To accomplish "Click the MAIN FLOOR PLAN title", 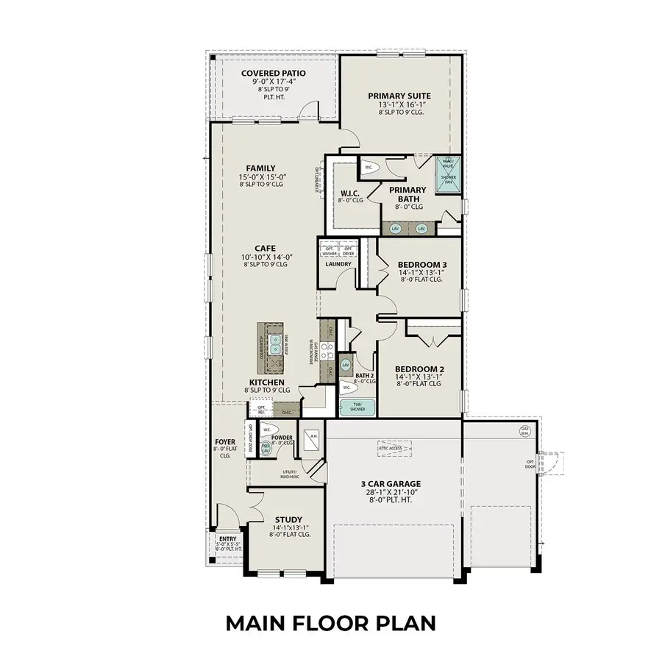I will [330, 623].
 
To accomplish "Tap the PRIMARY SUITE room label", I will [399, 96].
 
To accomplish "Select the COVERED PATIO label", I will [273, 74].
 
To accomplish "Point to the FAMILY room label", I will [261, 168].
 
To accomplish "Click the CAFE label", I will [266, 248].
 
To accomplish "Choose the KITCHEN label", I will [266, 382].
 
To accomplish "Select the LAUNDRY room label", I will [338, 264].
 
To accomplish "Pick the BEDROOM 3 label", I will [421, 264].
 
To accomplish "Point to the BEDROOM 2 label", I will [419, 369].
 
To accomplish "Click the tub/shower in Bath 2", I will [357, 406].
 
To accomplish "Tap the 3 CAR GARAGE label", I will [391, 484].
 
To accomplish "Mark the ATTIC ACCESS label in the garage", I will [391, 447].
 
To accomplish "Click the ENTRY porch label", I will [228, 538].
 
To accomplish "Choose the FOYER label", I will [225, 442].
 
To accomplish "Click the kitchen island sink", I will [275, 341].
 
